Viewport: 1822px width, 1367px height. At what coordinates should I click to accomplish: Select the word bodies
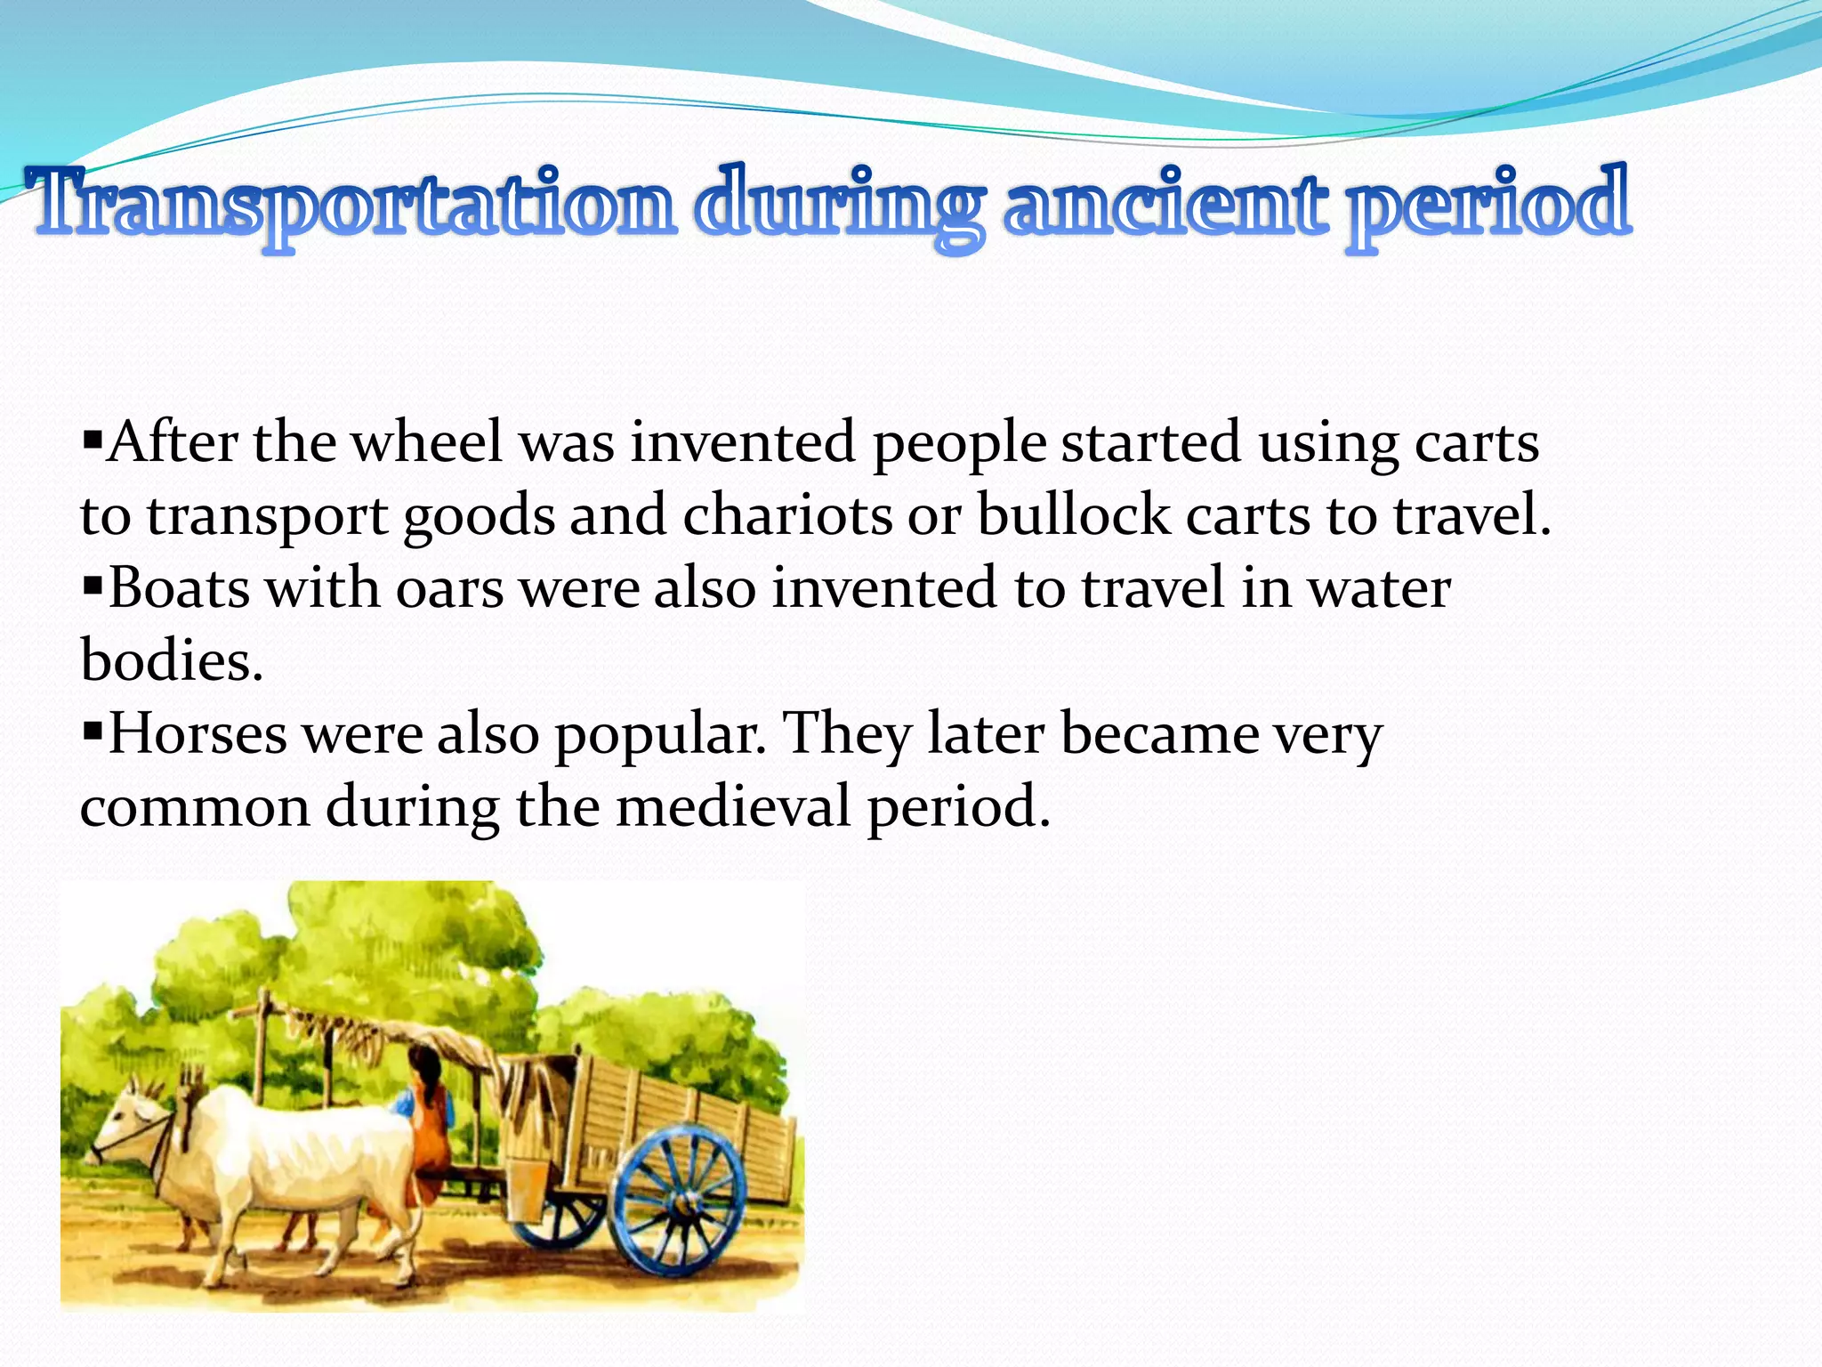tap(171, 661)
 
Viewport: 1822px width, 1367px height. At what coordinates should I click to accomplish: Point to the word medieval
tap(734, 807)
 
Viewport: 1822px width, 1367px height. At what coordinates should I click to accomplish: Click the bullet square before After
tap(92, 440)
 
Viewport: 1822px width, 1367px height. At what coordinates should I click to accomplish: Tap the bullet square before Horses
tap(92, 732)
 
